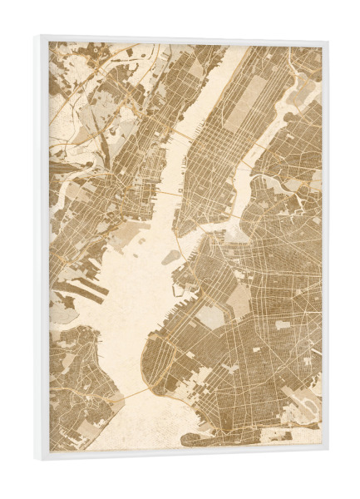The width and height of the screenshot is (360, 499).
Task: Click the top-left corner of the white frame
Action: click(x=40, y=36)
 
